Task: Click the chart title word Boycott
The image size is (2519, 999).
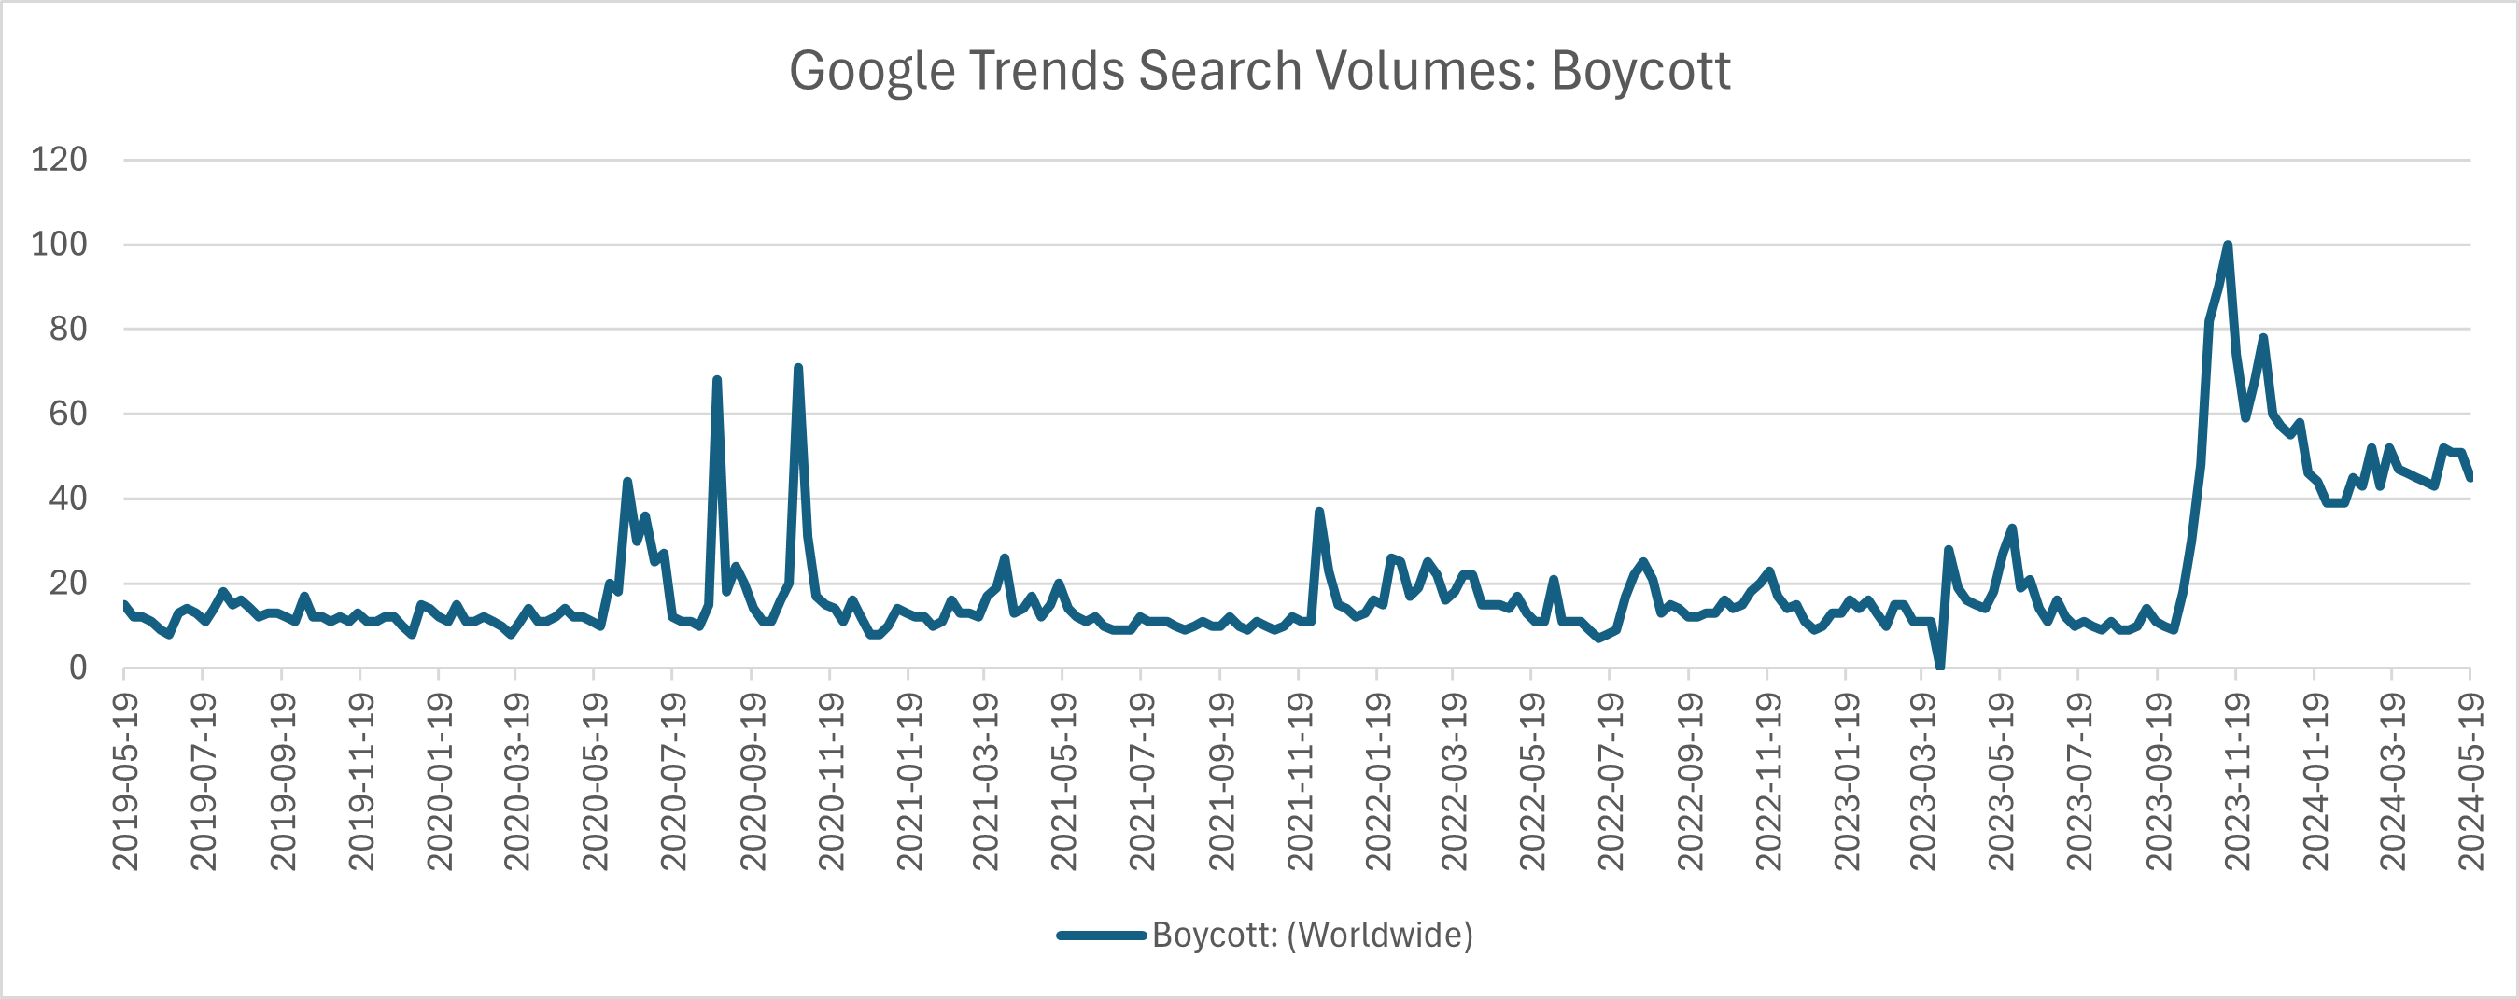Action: click(1639, 71)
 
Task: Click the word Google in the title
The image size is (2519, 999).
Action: click(871, 71)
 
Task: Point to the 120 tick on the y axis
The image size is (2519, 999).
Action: click(59, 160)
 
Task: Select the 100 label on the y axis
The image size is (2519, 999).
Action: click(59, 245)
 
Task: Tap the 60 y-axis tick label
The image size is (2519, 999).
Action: click(67, 414)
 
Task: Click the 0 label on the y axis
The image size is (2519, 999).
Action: click(77, 668)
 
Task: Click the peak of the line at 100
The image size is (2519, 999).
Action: click(2228, 246)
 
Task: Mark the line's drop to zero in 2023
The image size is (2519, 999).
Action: click(1940, 667)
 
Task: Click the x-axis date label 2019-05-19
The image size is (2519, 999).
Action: click(124, 781)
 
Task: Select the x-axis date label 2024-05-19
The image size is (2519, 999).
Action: click(2471, 781)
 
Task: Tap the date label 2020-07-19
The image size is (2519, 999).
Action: click(672, 781)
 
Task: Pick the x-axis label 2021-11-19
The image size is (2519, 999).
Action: click(1299, 781)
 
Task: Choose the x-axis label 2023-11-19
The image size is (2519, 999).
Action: click(2236, 781)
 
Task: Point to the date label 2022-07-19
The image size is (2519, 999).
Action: click(1610, 781)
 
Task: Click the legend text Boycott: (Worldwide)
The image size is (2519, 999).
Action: click(1313, 935)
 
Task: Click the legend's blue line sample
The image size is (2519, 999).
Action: click(1101, 936)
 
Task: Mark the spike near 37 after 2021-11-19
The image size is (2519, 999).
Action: click(1319, 512)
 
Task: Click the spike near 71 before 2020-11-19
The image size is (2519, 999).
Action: click(798, 369)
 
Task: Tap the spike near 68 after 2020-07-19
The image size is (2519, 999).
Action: click(717, 380)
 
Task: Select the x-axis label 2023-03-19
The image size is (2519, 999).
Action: click(1922, 781)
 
